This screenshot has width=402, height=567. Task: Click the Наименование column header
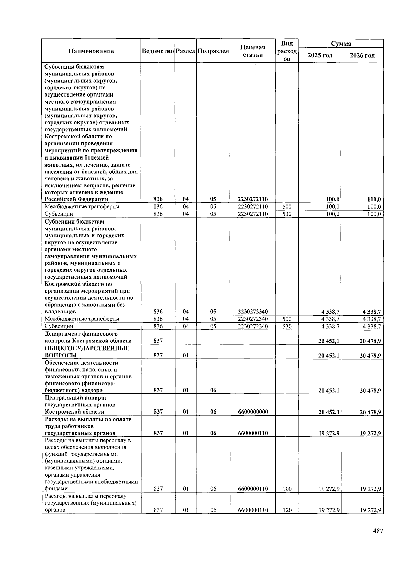click(91, 51)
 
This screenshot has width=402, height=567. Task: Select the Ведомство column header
click(158, 51)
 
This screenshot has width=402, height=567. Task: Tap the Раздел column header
click(186, 51)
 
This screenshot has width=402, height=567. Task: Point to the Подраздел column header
click(213, 51)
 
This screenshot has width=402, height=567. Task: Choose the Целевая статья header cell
click(253, 51)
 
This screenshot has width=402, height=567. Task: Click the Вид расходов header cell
click(287, 51)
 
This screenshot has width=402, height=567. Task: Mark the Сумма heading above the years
click(341, 43)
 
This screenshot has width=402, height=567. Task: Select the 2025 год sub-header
click(320, 55)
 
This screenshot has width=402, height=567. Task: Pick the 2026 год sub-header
click(362, 55)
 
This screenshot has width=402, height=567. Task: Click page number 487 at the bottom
click(378, 531)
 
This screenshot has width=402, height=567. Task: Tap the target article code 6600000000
click(253, 412)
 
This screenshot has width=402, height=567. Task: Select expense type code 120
click(287, 510)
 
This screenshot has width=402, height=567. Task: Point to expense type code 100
click(287, 489)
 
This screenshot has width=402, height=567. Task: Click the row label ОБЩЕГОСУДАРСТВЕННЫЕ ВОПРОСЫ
click(87, 352)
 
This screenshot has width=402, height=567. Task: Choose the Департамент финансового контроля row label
click(88, 337)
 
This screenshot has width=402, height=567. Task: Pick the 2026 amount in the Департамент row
click(370, 341)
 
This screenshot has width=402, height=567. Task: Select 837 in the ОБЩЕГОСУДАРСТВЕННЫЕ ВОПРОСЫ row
click(158, 355)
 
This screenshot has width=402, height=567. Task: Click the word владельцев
click(60, 312)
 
